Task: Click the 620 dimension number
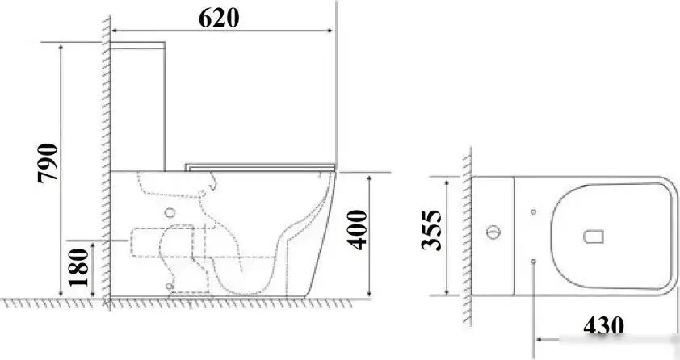pyautogui.click(x=219, y=19)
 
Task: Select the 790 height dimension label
pyautogui.click(x=48, y=163)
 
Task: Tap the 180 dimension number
pyautogui.click(x=79, y=267)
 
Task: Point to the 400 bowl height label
pyautogui.click(x=357, y=229)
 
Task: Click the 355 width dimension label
pyautogui.click(x=431, y=231)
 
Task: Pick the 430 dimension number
pyautogui.click(x=603, y=326)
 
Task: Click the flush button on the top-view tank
pyautogui.click(x=493, y=232)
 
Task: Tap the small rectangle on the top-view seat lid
pyautogui.click(x=594, y=237)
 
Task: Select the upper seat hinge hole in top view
pyautogui.click(x=533, y=211)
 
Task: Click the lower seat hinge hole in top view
pyautogui.click(x=533, y=262)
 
